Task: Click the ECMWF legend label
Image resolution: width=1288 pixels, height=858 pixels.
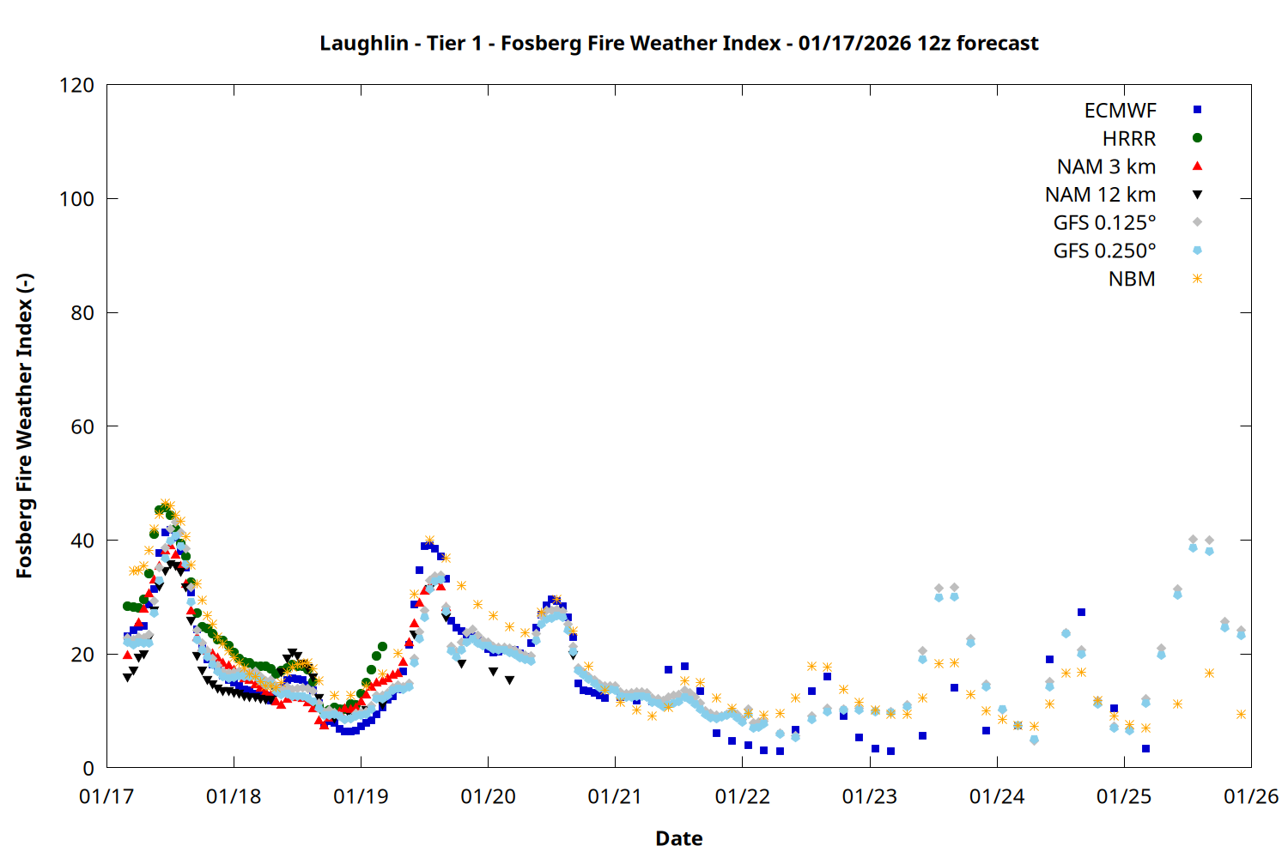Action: click(x=1120, y=111)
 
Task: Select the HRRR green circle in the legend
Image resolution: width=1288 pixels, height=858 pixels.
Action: click(x=1197, y=138)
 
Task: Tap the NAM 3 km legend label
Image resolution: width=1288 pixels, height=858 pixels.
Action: click(x=1106, y=166)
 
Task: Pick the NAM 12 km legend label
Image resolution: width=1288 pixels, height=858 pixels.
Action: click(x=1100, y=195)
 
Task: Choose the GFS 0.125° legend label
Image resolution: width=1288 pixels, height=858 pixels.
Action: click(x=1104, y=223)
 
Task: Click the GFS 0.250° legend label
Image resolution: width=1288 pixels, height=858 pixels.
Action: click(x=1104, y=251)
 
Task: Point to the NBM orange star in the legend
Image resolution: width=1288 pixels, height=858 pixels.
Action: click(x=1197, y=279)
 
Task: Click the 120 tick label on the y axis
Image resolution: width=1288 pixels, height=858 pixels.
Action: click(x=76, y=85)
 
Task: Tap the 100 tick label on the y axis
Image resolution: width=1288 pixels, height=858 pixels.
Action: click(x=76, y=199)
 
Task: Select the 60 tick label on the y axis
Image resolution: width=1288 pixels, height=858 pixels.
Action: click(x=82, y=426)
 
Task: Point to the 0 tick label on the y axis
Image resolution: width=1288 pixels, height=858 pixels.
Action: click(x=88, y=768)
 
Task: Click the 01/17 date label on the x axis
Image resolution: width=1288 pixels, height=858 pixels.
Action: click(x=106, y=797)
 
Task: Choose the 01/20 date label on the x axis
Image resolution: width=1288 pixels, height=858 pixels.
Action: click(x=488, y=797)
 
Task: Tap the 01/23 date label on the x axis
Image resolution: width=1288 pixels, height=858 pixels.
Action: click(x=869, y=797)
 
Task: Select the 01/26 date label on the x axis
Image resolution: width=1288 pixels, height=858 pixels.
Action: click(x=1251, y=797)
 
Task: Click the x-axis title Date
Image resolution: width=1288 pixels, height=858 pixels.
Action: click(x=678, y=838)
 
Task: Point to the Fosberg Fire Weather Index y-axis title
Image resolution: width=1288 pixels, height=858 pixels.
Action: click(x=24, y=426)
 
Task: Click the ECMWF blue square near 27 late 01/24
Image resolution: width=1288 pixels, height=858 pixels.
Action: click(x=1081, y=613)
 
